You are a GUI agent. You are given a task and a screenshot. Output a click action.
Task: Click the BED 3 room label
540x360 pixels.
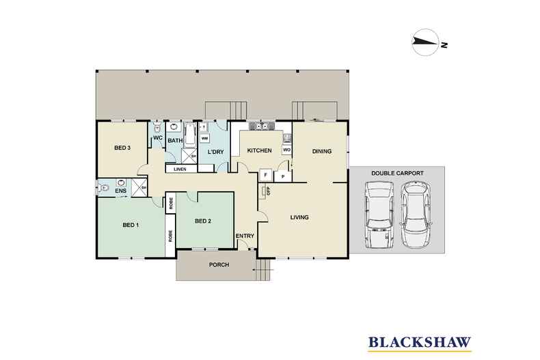tap(122, 148)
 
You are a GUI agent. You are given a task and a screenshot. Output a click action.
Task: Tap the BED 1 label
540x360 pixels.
tap(131, 225)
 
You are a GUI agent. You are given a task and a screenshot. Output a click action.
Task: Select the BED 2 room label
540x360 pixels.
tap(203, 221)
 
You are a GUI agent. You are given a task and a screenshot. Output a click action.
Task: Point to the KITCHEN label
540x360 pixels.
tap(259, 150)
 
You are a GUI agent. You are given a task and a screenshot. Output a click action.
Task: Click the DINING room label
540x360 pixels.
tap(322, 151)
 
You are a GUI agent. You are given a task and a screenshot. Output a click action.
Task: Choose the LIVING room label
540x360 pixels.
tap(299, 217)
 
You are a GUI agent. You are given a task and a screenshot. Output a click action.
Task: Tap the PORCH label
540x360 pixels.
tap(219, 264)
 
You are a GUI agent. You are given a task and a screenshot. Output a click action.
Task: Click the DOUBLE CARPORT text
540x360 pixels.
tap(397, 173)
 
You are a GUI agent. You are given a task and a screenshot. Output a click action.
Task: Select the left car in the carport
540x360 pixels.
tap(379, 214)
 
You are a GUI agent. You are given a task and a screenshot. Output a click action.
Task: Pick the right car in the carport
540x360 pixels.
tap(417, 214)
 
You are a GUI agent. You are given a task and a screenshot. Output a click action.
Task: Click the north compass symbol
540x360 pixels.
tap(426, 42)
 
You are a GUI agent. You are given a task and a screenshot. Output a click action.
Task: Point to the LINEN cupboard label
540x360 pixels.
tap(180, 169)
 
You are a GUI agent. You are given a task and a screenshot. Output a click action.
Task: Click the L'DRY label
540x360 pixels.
tap(215, 152)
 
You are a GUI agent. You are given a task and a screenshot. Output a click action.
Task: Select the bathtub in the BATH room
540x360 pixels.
tap(190, 135)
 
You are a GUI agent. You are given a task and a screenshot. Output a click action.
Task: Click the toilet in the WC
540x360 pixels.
tap(157, 127)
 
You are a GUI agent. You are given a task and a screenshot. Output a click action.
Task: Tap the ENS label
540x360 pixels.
tap(120, 191)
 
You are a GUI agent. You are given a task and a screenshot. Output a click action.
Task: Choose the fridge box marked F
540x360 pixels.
tap(265, 175)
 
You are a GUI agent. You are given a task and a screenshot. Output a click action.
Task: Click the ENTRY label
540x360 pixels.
tap(245, 236)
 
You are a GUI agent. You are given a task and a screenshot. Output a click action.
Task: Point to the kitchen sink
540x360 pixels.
tap(262, 126)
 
